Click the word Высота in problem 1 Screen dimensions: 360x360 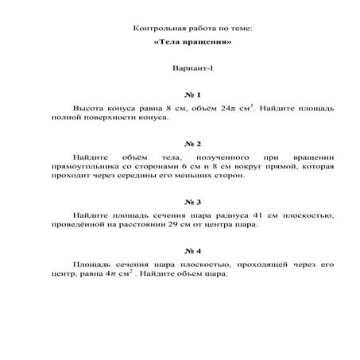click(x=87, y=106)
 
